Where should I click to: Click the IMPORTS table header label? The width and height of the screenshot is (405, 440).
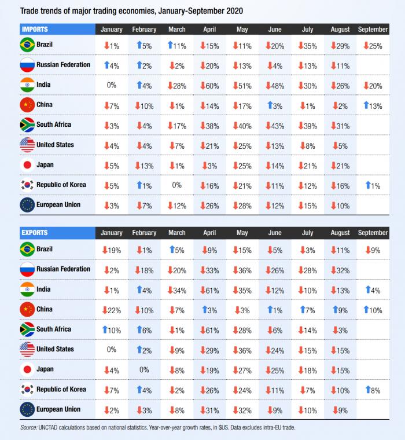35,29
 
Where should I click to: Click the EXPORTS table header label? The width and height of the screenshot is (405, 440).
35,233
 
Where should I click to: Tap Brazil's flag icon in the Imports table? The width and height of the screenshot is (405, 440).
27,45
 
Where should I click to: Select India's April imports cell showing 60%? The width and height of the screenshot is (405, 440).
209,86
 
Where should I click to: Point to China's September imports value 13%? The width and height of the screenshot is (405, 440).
373,105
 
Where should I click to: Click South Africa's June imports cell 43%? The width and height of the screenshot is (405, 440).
275,126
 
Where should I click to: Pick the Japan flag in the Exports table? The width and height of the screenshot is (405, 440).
27,369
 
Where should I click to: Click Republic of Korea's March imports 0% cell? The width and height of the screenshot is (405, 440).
176,185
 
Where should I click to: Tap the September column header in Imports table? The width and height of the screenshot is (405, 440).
373,30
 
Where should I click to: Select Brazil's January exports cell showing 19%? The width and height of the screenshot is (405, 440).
111,250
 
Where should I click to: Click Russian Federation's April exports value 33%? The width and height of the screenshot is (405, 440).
209,270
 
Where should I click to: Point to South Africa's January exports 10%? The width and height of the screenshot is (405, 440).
111,330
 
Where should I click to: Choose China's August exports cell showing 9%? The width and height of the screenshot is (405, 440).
340,310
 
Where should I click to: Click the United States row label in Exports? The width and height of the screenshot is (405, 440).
55,349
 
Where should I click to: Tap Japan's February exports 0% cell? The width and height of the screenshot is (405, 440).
144,369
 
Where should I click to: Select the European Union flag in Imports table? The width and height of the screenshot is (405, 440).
27,206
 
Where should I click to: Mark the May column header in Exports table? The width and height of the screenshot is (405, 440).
242,233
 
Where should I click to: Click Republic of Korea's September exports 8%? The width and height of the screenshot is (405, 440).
373,390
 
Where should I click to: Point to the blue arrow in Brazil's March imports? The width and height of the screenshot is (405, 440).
171,45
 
